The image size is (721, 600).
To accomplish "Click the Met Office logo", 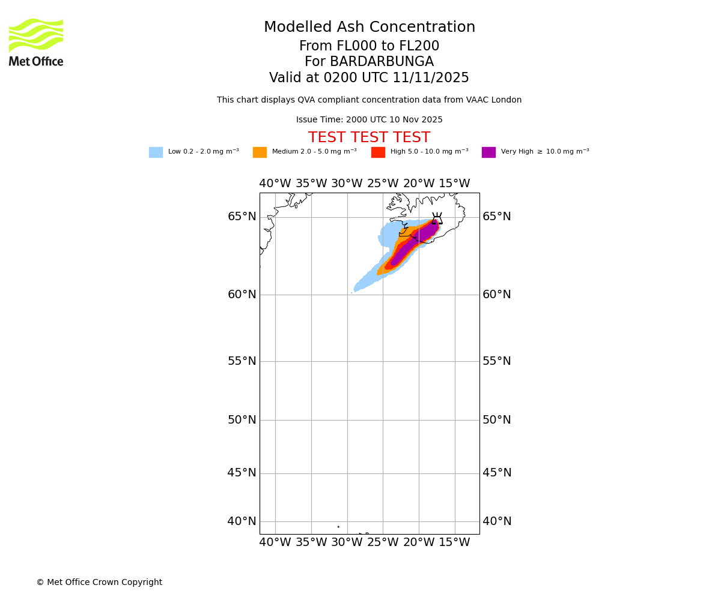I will click(36, 42).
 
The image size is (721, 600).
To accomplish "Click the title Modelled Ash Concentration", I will click(369, 28).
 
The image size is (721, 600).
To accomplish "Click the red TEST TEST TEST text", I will click(369, 138).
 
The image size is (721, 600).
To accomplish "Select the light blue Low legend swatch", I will click(156, 152).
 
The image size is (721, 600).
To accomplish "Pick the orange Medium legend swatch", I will click(260, 152).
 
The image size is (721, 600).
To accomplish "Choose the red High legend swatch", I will click(378, 152).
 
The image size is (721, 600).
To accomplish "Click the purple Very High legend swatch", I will click(488, 152).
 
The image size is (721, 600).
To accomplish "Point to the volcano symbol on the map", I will click(437, 219).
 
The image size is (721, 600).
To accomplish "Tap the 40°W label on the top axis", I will click(275, 184).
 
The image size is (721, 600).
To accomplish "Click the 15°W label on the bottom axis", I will click(454, 542).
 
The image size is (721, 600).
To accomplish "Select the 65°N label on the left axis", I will click(242, 217).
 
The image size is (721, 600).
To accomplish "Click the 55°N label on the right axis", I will click(497, 361).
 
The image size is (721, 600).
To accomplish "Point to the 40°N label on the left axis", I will click(242, 521).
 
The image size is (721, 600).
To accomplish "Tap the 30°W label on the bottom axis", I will click(347, 542).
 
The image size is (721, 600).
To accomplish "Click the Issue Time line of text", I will click(369, 120).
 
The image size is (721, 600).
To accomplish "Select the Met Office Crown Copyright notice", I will click(99, 583).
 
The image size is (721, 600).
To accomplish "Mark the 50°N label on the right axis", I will click(497, 420).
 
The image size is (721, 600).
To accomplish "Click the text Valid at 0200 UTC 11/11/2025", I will click(369, 78).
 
